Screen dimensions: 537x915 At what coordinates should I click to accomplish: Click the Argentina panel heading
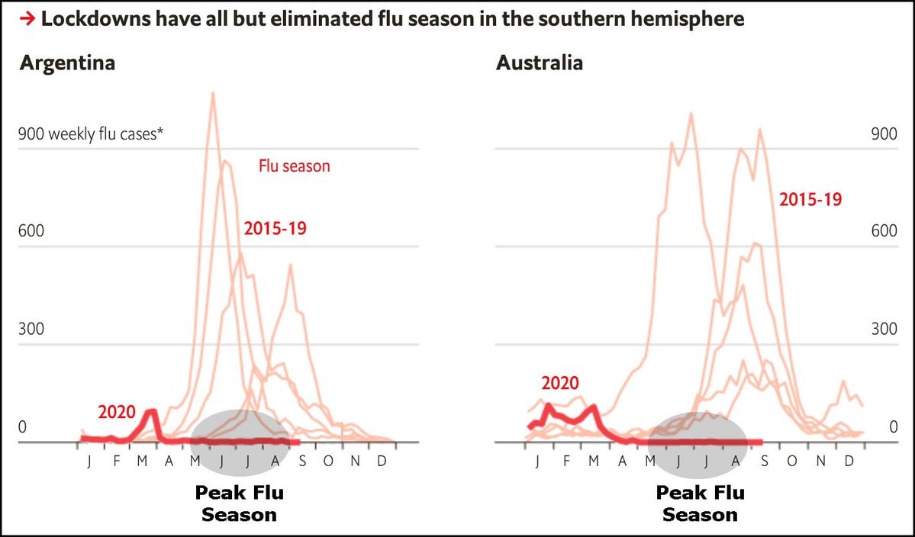[67, 63]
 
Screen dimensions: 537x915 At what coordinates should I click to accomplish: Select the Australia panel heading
[539, 63]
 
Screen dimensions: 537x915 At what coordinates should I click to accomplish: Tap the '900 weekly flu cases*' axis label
[92, 135]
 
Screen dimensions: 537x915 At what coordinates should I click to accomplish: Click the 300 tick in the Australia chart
[884, 330]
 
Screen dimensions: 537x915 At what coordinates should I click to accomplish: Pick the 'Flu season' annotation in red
[294, 166]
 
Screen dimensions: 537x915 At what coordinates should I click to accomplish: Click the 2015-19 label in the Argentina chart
[275, 227]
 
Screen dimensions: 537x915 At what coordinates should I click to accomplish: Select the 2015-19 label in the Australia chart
[810, 200]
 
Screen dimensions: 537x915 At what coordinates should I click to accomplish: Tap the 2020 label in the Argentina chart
[117, 413]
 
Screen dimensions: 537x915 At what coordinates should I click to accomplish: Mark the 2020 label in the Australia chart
[560, 383]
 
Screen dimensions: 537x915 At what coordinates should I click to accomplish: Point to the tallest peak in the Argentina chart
[212, 94]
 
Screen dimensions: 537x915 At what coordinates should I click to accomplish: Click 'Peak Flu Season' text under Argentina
[239, 503]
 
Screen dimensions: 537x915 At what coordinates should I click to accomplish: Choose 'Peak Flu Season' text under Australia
[700, 503]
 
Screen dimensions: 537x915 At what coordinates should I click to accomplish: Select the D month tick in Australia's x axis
[849, 461]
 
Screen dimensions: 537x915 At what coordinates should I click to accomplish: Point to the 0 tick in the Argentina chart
[22, 428]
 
